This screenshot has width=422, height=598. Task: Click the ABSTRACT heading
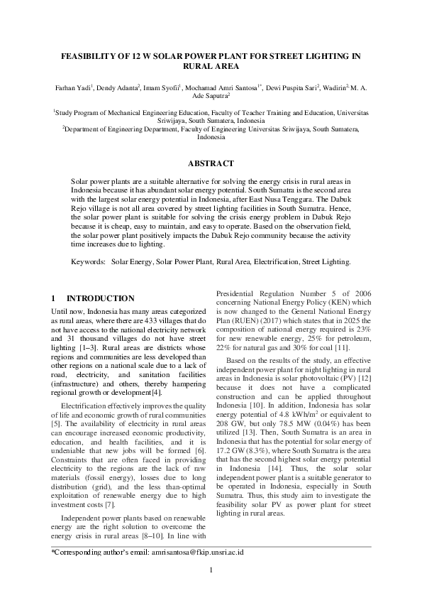click(x=210, y=163)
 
